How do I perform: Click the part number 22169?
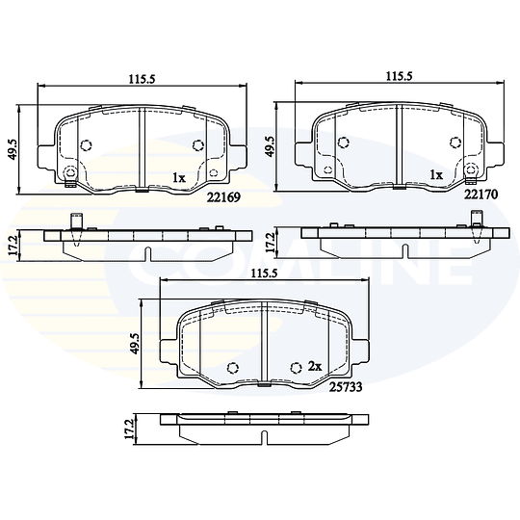point(223,197)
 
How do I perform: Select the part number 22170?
point(481,195)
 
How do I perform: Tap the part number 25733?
point(346,387)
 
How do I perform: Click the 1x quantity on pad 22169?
point(179,178)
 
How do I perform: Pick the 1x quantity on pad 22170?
point(436,174)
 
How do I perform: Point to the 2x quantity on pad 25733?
point(315,367)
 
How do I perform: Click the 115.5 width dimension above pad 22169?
point(142,79)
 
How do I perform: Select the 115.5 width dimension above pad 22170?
point(399,76)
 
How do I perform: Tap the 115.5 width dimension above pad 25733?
point(264,273)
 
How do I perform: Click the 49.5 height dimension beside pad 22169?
point(13,149)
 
